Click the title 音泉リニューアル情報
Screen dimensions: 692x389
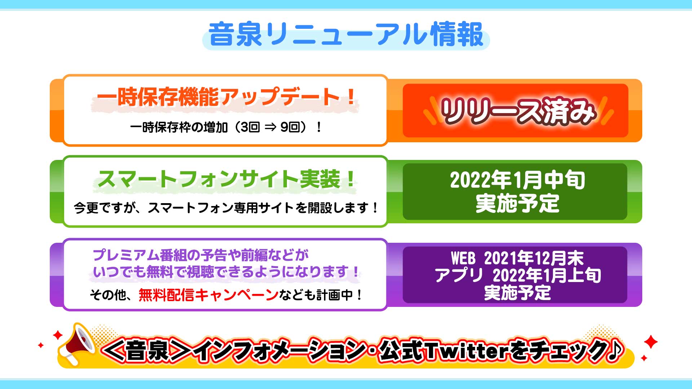pyautogui.click(x=346, y=35)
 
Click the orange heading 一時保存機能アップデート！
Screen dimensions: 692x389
pyautogui.click(x=226, y=97)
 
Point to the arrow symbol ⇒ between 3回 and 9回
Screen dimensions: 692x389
pyautogui.click(x=270, y=127)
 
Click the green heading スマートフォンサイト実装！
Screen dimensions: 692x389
pyautogui.click(x=226, y=179)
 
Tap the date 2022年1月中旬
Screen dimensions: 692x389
pyautogui.click(x=518, y=180)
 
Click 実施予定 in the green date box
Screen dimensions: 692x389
pyautogui.click(x=518, y=204)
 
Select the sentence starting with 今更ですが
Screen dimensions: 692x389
pyautogui.click(x=226, y=208)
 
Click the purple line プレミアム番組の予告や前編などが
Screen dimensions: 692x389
pyautogui.click(x=201, y=255)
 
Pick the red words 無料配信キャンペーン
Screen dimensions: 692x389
pyautogui.click(x=208, y=295)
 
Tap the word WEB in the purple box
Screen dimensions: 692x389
pyautogui.click(x=463, y=258)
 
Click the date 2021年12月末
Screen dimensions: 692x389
pyautogui.click(x=534, y=258)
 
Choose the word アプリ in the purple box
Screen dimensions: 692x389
pyautogui.click(x=459, y=276)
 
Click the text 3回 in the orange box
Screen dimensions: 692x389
pyautogui.click(x=250, y=127)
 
